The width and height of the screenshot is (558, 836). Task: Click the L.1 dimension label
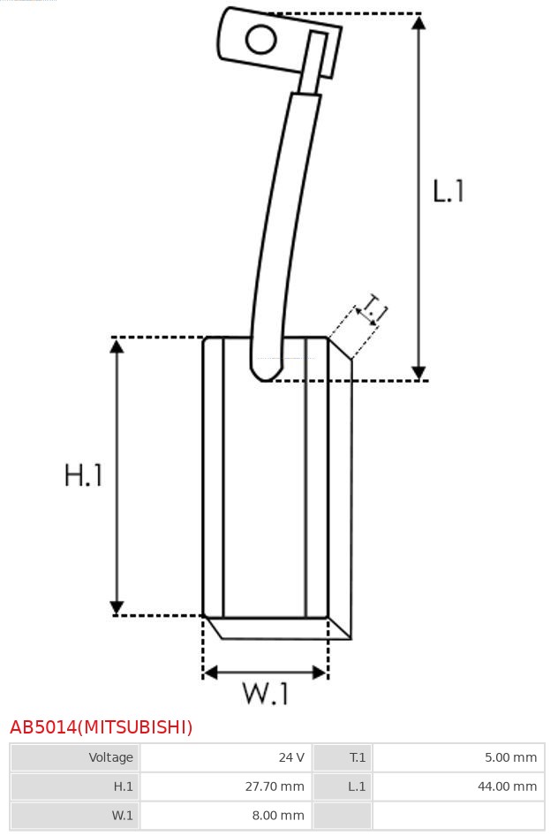(x=448, y=191)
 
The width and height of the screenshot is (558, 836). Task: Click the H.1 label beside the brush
(x=84, y=475)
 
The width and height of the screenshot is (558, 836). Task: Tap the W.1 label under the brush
(x=266, y=693)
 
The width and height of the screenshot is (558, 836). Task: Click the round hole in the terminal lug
(x=260, y=40)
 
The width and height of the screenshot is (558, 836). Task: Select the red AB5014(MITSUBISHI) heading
(x=102, y=727)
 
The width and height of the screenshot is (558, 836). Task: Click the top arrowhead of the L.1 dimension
(x=418, y=21)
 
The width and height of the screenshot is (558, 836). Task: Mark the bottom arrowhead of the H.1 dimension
(x=117, y=608)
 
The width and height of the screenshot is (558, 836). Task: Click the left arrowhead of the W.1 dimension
(x=210, y=673)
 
